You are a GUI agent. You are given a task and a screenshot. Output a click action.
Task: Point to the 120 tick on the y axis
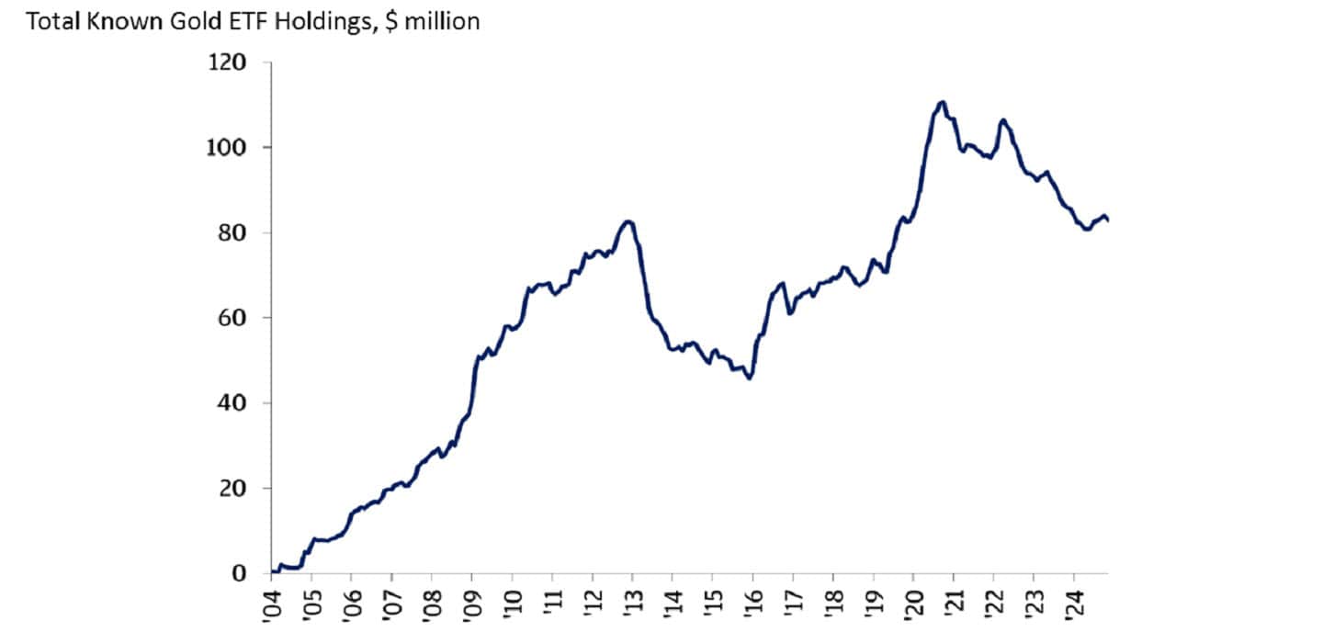coord(229,62)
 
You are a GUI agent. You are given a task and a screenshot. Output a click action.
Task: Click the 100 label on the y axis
coord(229,147)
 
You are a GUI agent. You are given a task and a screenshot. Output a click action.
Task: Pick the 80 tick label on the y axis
coord(234,232)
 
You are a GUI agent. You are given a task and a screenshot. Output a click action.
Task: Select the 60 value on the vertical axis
coord(234,318)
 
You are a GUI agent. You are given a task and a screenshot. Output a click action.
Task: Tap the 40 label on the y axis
coord(234,403)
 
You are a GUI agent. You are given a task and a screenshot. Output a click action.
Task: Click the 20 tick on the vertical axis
coord(234,488)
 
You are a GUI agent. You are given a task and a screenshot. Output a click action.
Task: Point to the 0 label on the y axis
coord(240,573)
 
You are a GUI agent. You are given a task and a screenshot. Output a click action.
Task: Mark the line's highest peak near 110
coord(942,102)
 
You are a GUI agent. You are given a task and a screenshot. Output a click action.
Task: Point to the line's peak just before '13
coord(628,221)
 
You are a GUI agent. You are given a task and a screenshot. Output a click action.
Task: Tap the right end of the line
coord(1108,220)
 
